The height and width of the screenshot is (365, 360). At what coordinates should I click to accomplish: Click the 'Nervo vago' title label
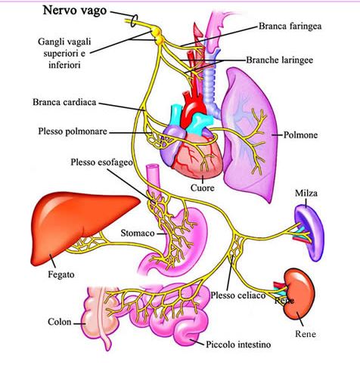pos(75,11)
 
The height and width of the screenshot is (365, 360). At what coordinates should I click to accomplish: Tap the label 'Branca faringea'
pos(290,26)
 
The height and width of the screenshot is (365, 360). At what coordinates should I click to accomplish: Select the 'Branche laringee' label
pos(280,60)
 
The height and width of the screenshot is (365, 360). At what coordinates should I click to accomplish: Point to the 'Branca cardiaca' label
pos(64,102)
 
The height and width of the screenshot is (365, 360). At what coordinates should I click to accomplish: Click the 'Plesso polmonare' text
pos(73,131)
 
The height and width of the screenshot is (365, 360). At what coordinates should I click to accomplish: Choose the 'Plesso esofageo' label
pos(101,162)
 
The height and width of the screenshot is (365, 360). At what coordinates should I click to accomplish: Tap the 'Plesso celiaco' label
pos(238,295)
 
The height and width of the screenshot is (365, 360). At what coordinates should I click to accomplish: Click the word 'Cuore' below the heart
pos(203,188)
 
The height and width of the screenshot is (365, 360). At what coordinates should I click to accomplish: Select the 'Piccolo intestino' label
pos(238,345)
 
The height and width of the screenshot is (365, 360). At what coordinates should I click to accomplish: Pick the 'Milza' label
pos(306,193)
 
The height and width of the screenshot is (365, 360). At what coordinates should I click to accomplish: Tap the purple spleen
pos(309,233)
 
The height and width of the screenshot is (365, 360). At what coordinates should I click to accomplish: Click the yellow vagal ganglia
pos(158,36)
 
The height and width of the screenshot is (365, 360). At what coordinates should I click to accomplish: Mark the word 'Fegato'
pos(61,274)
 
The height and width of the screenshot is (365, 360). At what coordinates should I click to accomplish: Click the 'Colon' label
pos(60,322)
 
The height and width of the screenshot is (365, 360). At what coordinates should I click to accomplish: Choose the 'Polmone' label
pos(300,135)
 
